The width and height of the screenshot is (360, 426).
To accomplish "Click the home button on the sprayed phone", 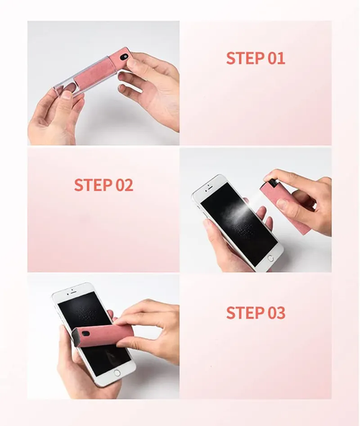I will tap(271, 257).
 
